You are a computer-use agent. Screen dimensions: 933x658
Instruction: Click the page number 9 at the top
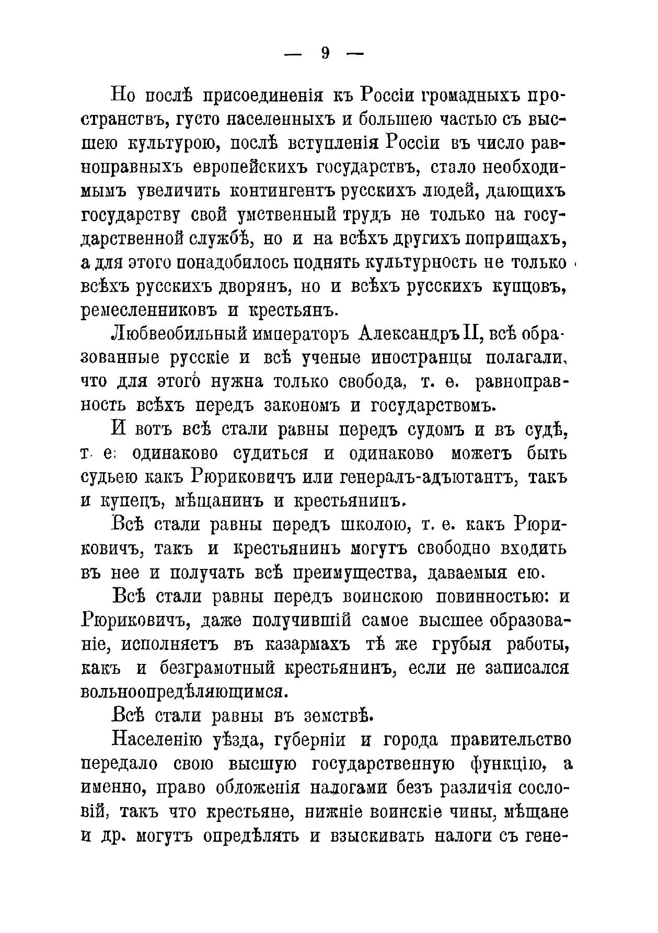point(325,53)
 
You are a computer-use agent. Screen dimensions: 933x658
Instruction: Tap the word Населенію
point(154,741)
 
